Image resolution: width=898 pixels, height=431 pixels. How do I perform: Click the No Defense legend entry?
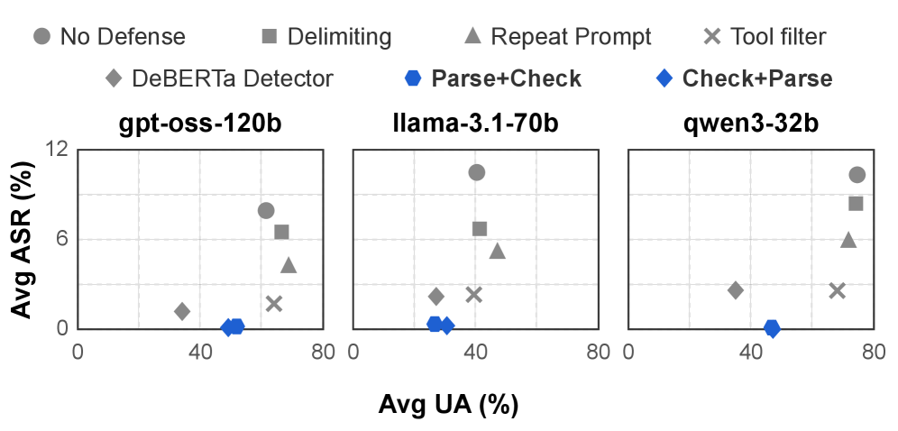tap(109, 37)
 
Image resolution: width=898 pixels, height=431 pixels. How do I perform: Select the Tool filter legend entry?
tap(765, 37)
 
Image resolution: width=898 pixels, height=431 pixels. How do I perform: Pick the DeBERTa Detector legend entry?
tap(219, 78)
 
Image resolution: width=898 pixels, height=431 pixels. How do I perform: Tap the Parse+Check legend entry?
tap(493, 78)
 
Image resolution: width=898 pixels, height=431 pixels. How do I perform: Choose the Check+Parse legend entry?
tap(744, 78)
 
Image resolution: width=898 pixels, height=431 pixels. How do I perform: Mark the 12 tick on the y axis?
tap(57, 149)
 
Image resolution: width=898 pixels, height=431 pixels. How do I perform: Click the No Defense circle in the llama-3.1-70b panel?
tap(477, 172)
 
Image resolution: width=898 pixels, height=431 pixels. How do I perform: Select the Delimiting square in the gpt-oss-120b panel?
tap(281, 232)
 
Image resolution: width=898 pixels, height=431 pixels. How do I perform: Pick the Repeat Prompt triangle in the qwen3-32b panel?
tap(848, 240)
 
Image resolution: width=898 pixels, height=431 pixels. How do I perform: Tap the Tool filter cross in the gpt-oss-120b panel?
tap(274, 303)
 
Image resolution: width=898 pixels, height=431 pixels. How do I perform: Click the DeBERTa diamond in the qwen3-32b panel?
tap(736, 290)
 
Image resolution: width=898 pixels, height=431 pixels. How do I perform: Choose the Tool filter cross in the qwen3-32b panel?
tap(837, 290)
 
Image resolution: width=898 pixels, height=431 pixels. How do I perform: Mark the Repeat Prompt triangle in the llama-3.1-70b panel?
tap(497, 251)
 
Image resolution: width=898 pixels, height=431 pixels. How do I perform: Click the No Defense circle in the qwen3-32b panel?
tap(857, 175)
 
